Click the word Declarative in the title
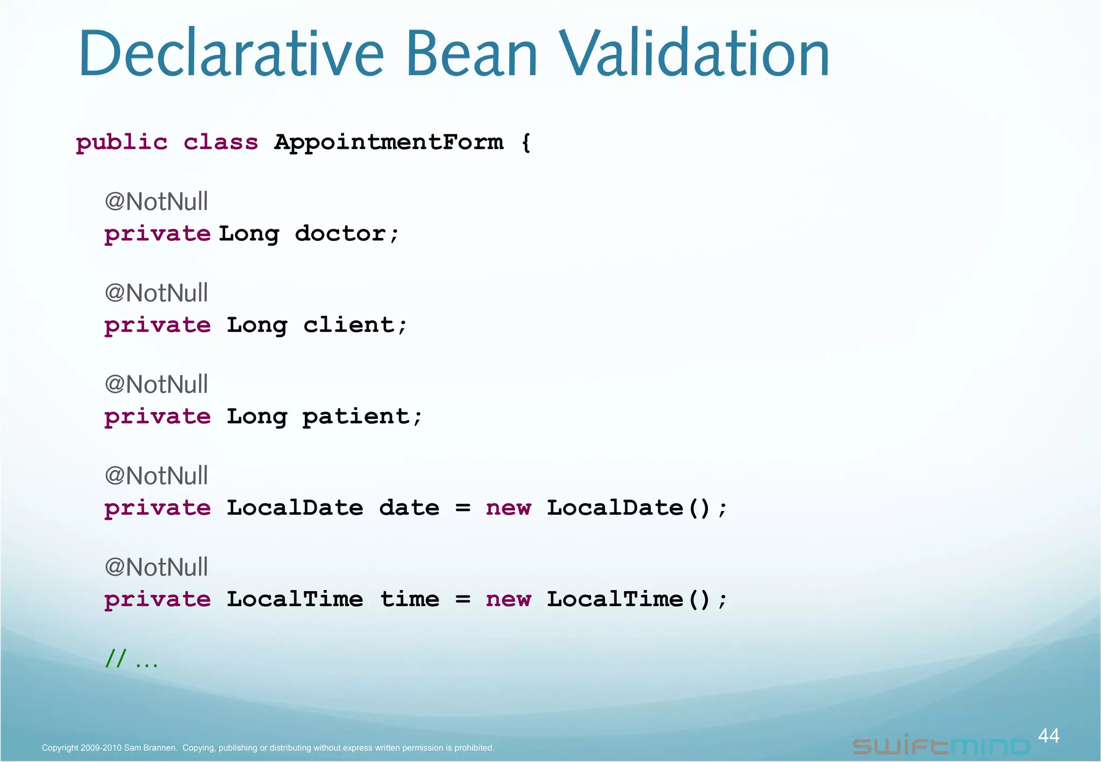click(231, 54)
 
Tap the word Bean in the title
click(471, 54)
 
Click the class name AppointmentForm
click(389, 142)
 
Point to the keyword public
click(121, 143)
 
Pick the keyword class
click(220, 142)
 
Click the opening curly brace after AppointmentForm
click(526, 143)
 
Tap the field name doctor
click(340, 234)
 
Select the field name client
click(348, 325)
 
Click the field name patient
click(356, 416)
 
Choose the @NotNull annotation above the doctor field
click(156, 202)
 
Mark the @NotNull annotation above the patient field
click(156, 385)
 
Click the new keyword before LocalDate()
click(508, 508)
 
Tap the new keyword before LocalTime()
click(508, 599)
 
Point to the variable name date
click(409, 508)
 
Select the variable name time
click(409, 599)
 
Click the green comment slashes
click(116, 658)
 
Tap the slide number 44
click(1048, 736)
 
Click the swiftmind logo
click(941, 746)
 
